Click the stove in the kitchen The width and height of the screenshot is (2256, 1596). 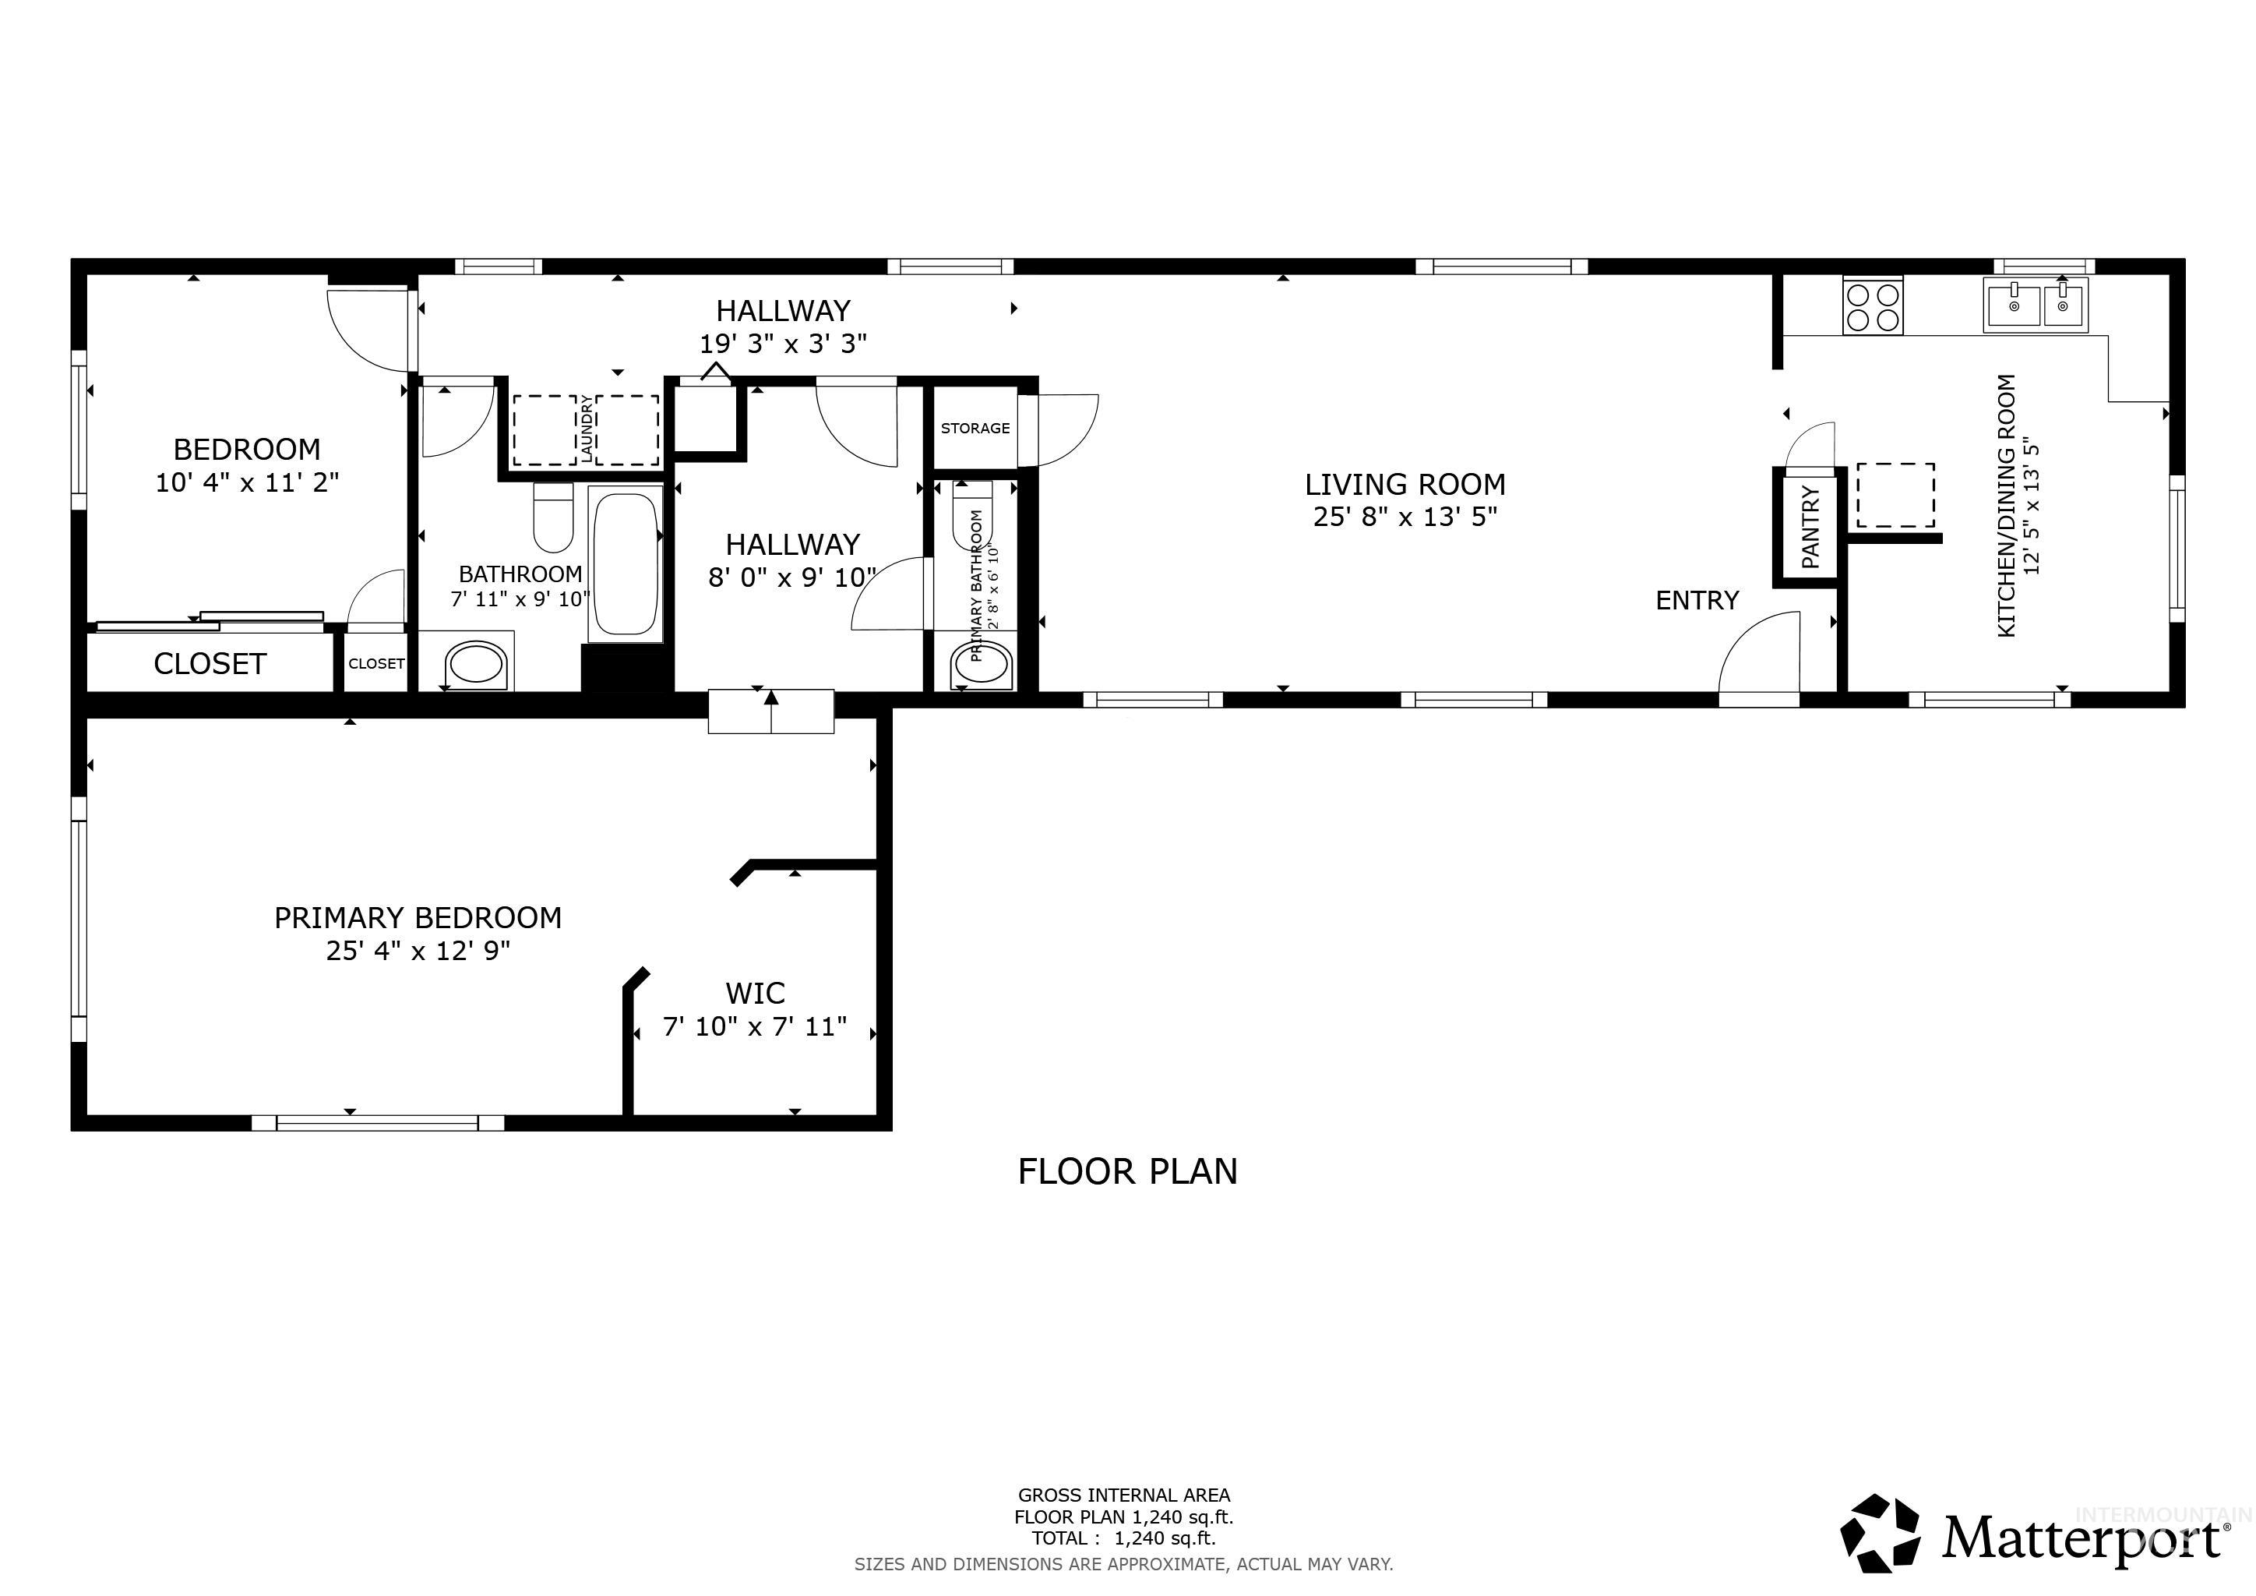1873,306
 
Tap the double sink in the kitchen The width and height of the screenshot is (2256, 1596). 2036,305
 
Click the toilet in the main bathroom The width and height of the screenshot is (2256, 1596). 553,518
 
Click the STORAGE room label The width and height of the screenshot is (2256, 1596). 975,429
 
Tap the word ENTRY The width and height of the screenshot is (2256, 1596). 1697,601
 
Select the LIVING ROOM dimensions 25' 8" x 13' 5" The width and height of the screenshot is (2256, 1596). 1405,517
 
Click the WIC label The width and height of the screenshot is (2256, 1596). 755,994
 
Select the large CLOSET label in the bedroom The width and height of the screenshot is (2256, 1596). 210,664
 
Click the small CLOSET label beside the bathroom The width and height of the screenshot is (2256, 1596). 376,664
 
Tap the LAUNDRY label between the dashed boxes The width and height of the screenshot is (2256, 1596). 587,429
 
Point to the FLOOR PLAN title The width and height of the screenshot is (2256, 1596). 1127,1171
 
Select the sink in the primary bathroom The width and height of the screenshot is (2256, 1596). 982,666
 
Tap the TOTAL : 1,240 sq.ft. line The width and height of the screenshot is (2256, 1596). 1123,1539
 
